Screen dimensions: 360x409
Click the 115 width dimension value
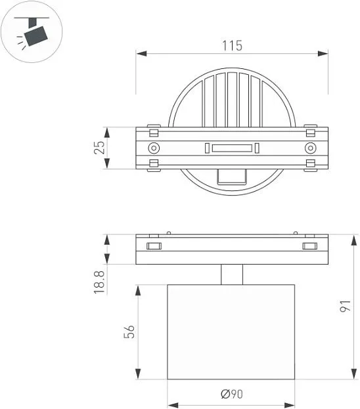[x=232, y=45]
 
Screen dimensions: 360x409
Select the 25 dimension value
[x=99, y=148]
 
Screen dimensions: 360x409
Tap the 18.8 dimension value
[x=99, y=282]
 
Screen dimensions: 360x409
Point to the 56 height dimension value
[x=129, y=332]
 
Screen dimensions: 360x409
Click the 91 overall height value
[x=345, y=306]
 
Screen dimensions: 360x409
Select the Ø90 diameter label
[x=232, y=394]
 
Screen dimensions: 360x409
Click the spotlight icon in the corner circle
[x=32, y=32]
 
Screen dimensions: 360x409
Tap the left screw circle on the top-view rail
[x=154, y=148]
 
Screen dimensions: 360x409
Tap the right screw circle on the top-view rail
[x=310, y=148]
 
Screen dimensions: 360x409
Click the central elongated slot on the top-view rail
[x=232, y=148]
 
